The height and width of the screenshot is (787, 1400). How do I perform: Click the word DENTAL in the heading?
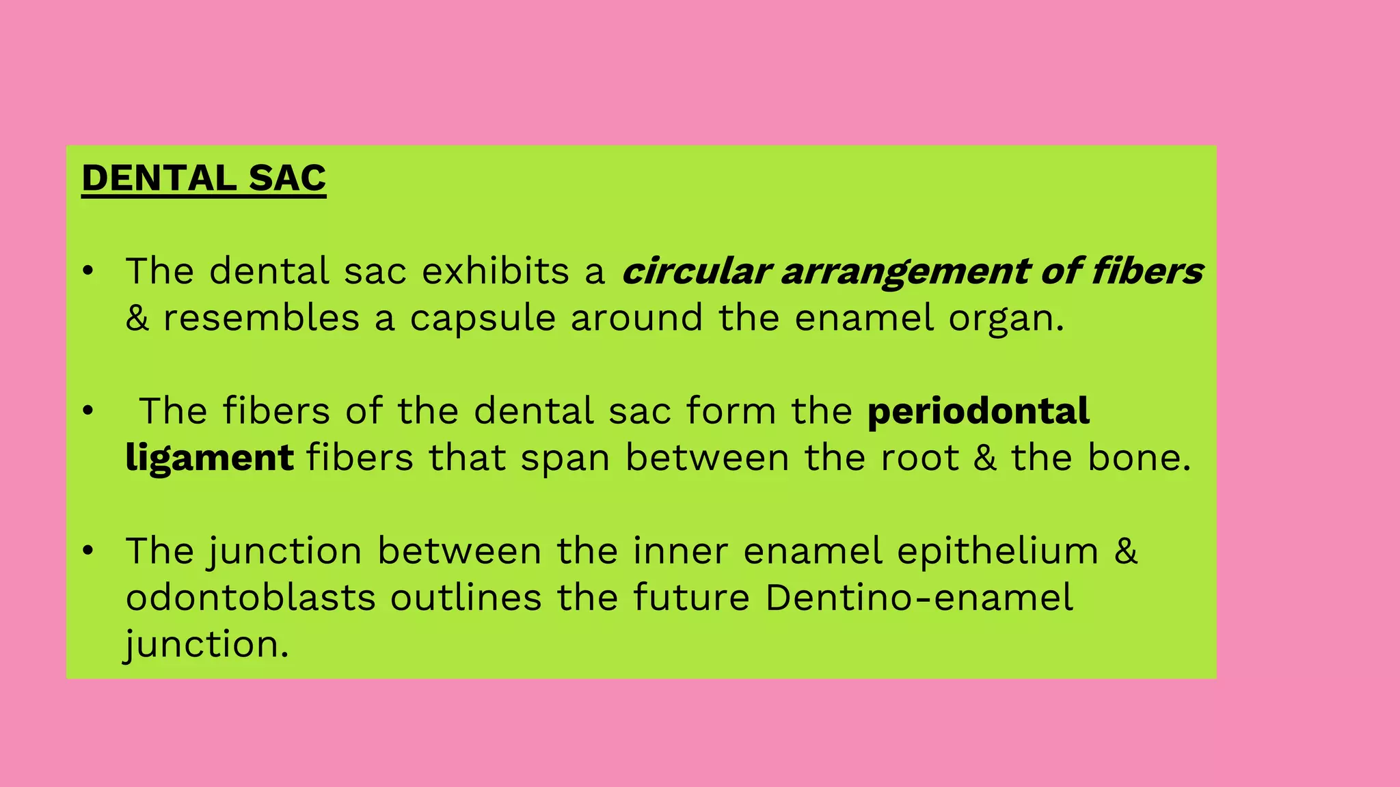click(x=158, y=178)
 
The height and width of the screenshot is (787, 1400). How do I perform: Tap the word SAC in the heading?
click(x=287, y=178)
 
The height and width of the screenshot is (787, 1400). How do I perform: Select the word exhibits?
click(x=496, y=271)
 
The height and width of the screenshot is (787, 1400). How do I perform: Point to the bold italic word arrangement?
click(x=905, y=272)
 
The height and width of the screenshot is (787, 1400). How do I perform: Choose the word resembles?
click(x=261, y=318)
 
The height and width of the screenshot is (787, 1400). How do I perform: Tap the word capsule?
click(x=483, y=319)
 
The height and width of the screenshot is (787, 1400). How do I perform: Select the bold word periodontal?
click(x=978, y=411)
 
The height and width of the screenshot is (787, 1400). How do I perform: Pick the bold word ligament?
click(x=210, y=458)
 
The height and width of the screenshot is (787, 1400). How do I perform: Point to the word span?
click(x=565, y=458)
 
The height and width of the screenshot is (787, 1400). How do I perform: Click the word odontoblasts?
click(x=251, y=597)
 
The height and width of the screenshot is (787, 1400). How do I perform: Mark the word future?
click(x=691, y=597)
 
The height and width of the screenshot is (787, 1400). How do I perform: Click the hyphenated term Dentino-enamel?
click(x=919, y=597)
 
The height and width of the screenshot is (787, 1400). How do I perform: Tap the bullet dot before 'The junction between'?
click(x=87, y=551)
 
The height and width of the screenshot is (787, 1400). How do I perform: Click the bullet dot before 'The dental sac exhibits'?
click(x=87, y=271)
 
